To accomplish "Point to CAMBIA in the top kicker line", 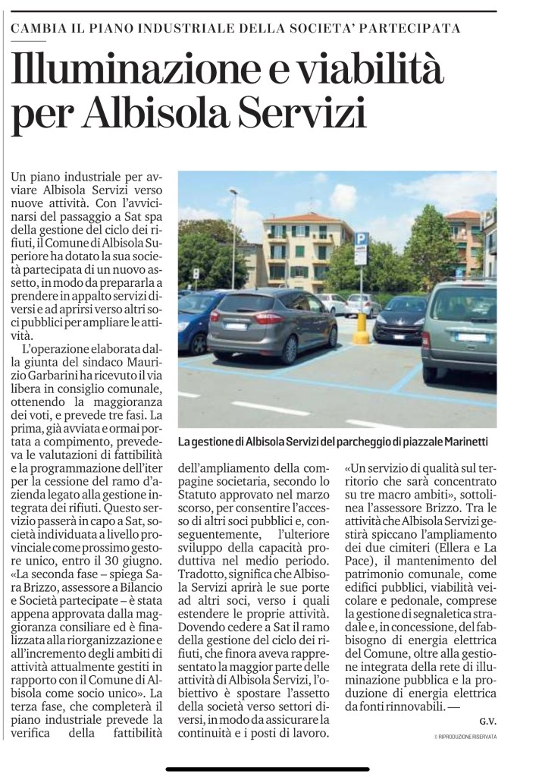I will tap(37, 29).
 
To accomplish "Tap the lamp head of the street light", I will tap(233, 192).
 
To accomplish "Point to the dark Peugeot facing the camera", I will tap(399, 319).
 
